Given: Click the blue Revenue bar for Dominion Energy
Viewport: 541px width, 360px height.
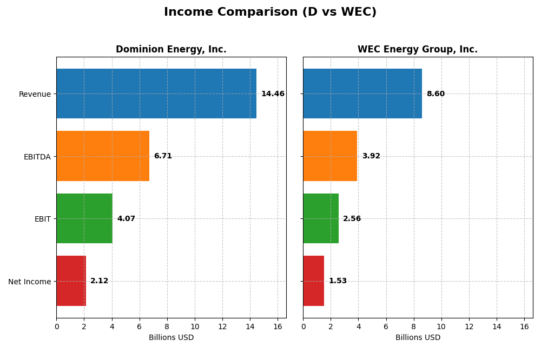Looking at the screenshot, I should pos(156,94).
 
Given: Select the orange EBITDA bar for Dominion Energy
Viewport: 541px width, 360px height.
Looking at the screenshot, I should pos(103,156).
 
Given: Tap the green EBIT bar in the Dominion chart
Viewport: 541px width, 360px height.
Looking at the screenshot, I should pos(84,218).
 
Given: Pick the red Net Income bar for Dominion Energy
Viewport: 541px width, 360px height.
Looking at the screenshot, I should pos(71,281).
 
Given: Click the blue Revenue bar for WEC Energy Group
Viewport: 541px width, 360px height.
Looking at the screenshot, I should pos(362,94).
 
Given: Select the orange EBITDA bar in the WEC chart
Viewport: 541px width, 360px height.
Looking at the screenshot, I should pos(330,156).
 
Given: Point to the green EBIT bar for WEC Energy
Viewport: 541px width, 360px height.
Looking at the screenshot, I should pos(321,218).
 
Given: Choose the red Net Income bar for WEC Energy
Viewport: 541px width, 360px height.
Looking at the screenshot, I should pos(314,281).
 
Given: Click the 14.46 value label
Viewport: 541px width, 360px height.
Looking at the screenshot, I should pos(273,94).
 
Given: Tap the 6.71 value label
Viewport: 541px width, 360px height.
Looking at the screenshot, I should pos(163,156).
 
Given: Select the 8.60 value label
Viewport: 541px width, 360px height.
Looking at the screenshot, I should pos(436,94).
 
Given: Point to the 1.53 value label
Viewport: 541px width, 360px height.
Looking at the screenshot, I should pos(338,281).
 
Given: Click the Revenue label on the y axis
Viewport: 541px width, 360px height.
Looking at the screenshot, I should pos(35,95).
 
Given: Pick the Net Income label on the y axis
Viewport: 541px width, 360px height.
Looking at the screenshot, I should pos(30,282).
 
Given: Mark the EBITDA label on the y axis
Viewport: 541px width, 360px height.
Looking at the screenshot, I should pos(37,157).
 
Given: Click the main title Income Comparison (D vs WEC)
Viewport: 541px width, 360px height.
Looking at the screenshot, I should pos(270,12).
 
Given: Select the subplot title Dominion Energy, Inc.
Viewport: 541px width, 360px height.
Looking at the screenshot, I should pos(171,50).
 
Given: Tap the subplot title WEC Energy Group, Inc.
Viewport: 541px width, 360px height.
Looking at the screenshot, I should pos(418,50).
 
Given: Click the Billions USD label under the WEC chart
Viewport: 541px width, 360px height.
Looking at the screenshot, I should pos(418,338).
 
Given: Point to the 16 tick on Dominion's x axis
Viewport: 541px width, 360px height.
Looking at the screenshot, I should pos(278,326).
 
